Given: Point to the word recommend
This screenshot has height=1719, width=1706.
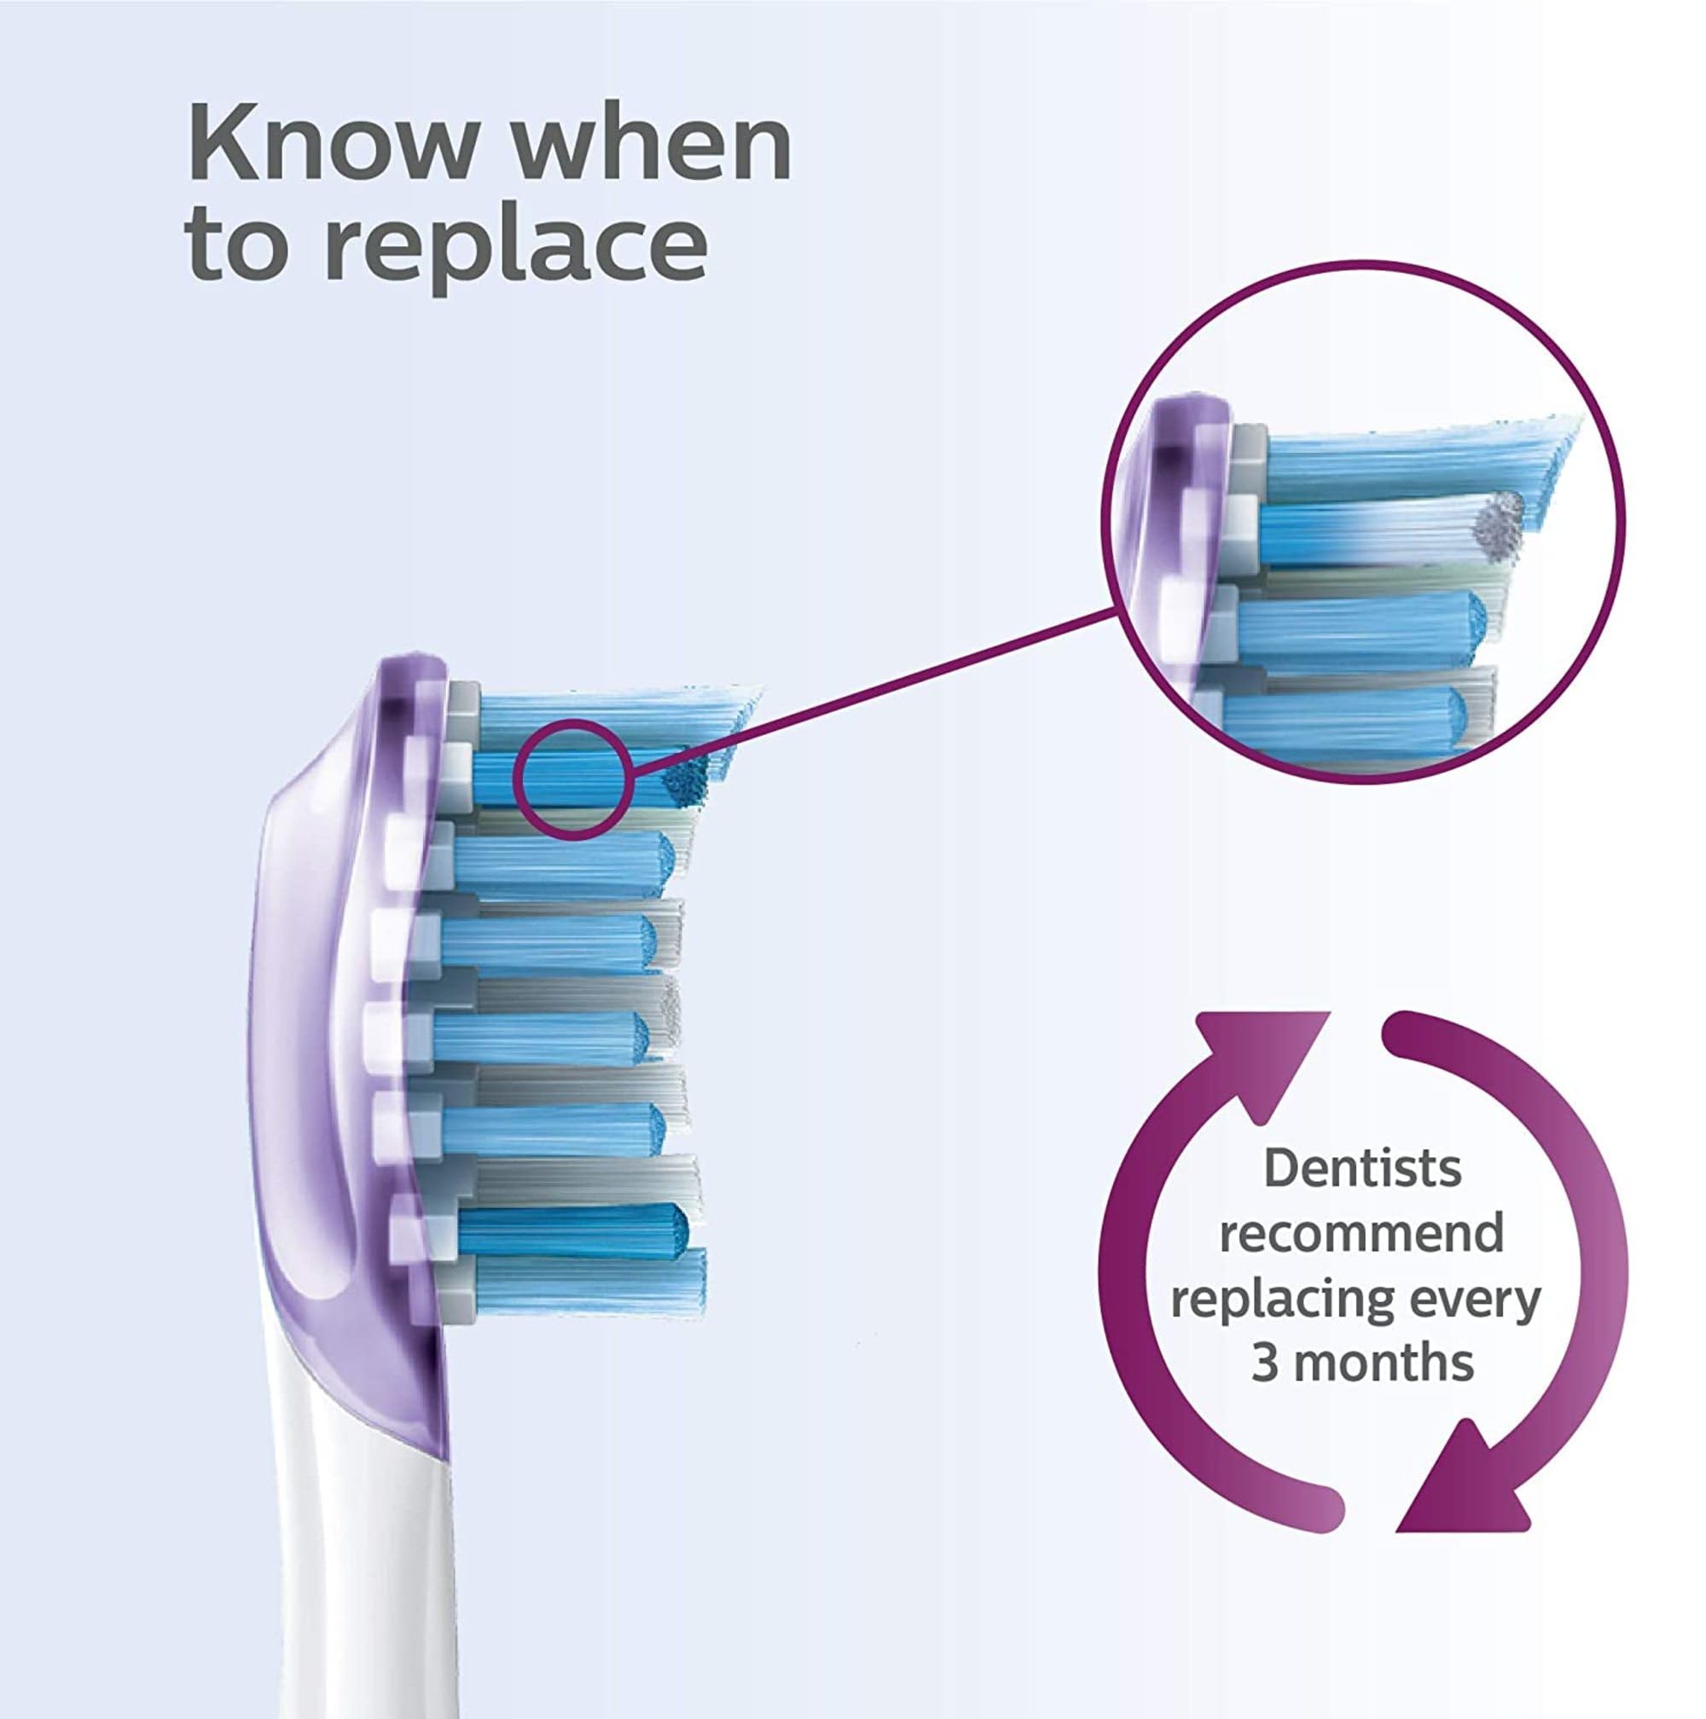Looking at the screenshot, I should [x=1361, y=1234].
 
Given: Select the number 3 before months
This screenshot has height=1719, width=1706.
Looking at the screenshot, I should [x=1266, y=1363].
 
